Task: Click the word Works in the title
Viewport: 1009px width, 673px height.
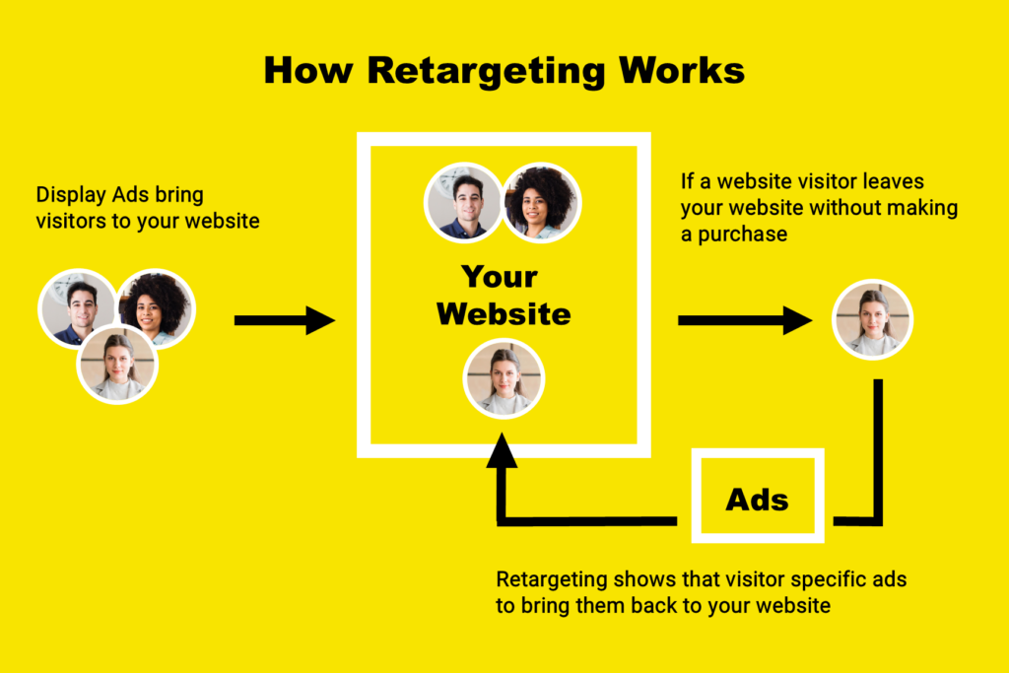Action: coord(682,70)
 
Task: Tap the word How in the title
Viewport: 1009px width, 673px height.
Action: coord(308,70)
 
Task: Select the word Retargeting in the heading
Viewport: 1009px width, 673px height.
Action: coord(486,72)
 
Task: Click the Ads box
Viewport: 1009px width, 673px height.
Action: coord(758,496)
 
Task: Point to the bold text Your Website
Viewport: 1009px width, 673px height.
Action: coord(504,296)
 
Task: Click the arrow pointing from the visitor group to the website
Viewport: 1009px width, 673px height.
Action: coord(285,320)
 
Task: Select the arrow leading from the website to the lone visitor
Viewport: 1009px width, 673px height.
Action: coord(745,320)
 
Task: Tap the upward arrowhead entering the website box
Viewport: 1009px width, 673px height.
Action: coord(502,449)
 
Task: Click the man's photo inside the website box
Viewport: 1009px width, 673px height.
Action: coord(463,202)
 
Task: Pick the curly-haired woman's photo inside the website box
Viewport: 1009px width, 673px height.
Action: coord(541,202)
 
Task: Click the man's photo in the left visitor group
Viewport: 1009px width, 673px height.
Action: coord(78,308)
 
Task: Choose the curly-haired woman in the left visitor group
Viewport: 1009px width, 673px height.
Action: coord(156,307)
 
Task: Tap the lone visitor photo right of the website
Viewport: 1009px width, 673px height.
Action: coord(873,319)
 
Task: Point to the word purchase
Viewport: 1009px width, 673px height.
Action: coord(743,235)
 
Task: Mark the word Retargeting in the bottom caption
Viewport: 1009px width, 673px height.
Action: coord(552,580)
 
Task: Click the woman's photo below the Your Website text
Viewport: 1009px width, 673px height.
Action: coord(504,379)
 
